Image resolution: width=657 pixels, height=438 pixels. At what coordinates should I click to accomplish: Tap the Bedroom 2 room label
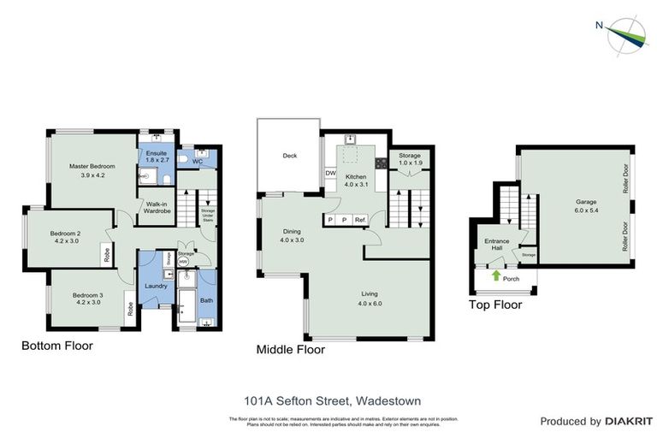(x=65, y=237)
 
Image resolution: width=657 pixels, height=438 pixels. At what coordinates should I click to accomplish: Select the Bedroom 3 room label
(x=88, y=299)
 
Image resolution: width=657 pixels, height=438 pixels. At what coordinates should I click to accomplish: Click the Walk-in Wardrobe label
(x=156, y=208)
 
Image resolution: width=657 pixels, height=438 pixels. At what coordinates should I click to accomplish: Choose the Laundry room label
(x=156, y=286)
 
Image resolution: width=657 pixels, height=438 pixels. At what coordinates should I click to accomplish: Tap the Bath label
(x=206, y=300)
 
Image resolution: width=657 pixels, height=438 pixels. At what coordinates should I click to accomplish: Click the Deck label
(x=289, y=156)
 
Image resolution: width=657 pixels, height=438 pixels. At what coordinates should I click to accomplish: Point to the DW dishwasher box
(x=330, y=174)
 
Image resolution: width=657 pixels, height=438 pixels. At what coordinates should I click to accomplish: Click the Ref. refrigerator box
(x=360, y=220)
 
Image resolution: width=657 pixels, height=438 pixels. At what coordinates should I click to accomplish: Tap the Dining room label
(x=292, y=236)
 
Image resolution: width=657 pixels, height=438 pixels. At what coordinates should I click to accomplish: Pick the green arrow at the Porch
(x=496, y=275)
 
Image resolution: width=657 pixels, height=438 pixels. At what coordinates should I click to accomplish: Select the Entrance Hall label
(x=497, y=245)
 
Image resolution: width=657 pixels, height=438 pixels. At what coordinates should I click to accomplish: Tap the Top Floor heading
(x=494, y=305)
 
